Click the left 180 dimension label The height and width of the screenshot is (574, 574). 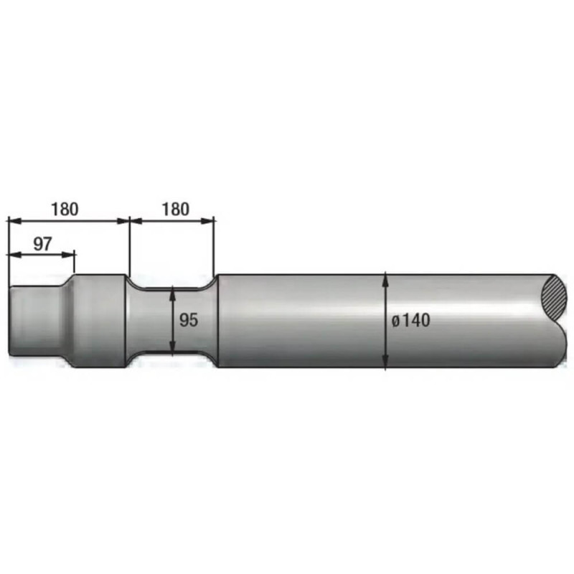click(x=65, y=209)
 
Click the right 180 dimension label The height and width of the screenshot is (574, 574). click(x=176, y=209)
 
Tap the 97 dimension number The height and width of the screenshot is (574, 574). click(x=43, y=244)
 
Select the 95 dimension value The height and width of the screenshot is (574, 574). click(x=189, y=320)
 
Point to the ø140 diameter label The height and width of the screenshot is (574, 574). click(x=410, y=320)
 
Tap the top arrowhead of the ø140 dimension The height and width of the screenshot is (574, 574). click(x=385, y=279)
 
